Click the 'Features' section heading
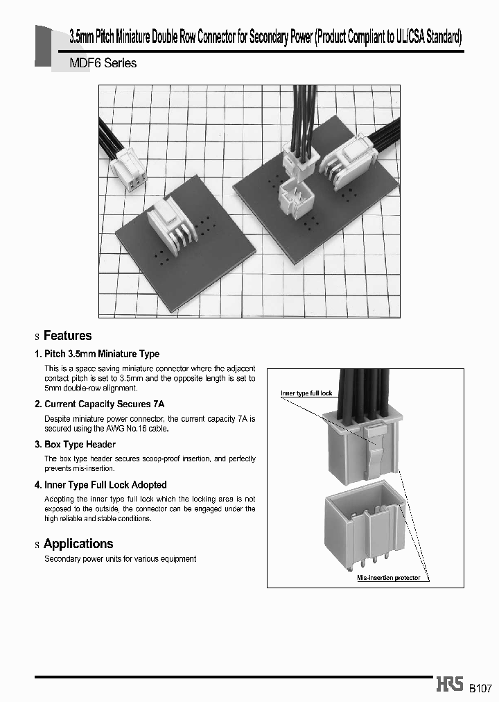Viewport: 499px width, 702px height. coord(67,336)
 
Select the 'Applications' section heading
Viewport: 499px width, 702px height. coord(78,544)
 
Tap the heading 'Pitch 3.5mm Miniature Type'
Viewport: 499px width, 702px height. coord(101,354)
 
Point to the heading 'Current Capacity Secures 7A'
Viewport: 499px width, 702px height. coord(104,404)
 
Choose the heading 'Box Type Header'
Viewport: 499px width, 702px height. coord(80,444)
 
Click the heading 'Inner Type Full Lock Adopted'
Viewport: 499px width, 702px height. coord(105,485)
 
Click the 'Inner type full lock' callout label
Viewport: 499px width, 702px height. coord(306,393)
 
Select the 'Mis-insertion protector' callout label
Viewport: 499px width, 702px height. coord(388,577)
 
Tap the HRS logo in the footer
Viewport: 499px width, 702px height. coord(450,685)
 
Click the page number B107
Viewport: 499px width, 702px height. coord(480,688)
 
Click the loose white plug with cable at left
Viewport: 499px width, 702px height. coord(131,169)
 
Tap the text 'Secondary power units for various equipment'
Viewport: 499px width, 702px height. coord(120,558)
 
